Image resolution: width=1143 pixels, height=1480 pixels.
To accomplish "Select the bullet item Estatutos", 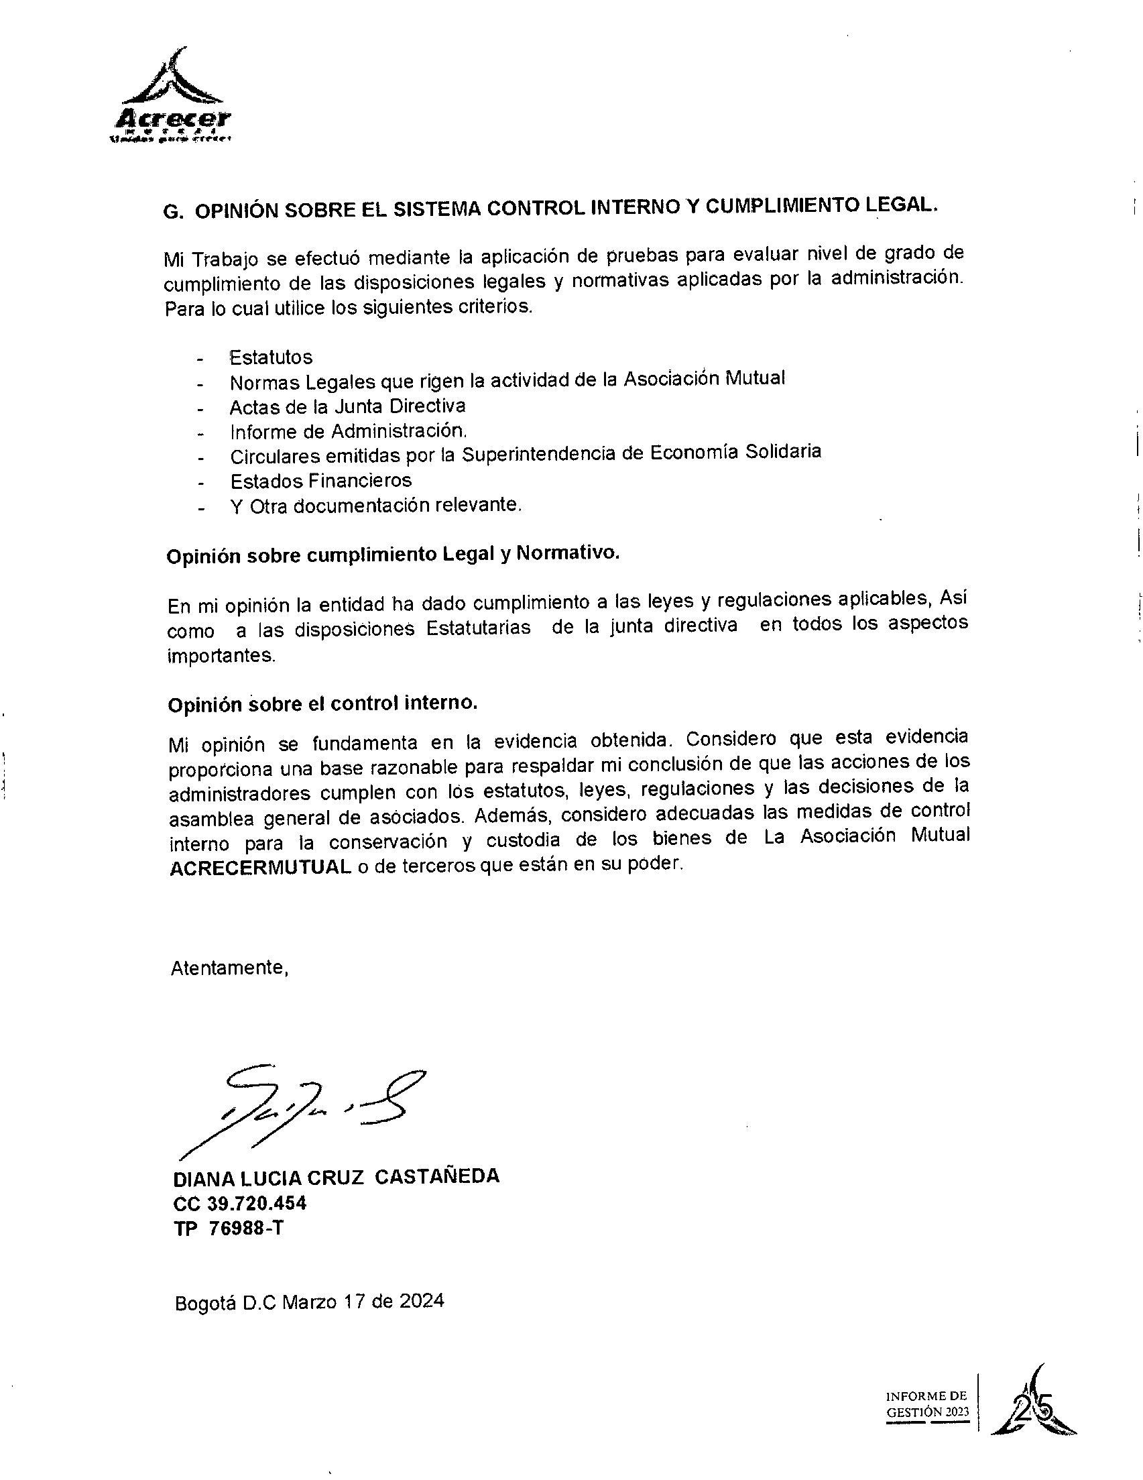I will tap(270, 357).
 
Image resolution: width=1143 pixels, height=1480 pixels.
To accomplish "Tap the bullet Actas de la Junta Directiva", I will tap(347, 406).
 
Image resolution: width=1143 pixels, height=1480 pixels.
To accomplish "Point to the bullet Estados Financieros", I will tap(320, 480).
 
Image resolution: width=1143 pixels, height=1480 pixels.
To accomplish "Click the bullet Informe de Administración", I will tap(348, 431).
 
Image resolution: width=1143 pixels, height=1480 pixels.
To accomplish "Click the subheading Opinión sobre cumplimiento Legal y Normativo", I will tap(392, 555).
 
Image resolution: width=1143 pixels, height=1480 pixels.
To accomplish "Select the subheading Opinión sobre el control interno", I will tap(322, 704).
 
